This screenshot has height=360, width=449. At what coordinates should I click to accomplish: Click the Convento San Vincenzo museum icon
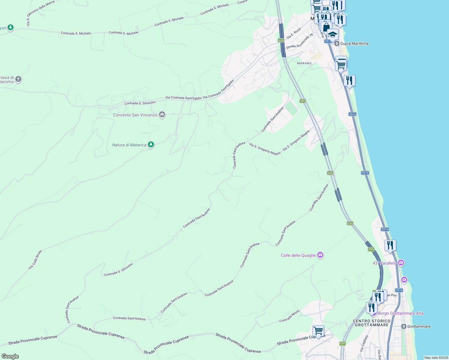click(162, 115)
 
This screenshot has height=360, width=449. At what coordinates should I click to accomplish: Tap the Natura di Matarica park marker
click(151, 145)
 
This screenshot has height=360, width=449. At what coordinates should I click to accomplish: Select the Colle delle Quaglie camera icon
click(320, 255)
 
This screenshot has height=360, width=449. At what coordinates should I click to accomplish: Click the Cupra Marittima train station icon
click(337, 43)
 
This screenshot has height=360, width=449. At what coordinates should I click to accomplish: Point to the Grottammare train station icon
click(404, 326)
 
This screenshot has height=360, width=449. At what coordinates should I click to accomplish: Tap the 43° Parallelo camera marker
click(401, 263)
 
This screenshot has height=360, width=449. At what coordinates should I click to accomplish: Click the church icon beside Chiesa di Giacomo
click(18, 79)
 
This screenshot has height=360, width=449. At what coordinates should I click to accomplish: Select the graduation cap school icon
click(333, 35)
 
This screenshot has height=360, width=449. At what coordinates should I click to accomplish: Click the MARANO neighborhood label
click(304, 63)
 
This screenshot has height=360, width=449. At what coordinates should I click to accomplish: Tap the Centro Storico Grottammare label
click(372, 323)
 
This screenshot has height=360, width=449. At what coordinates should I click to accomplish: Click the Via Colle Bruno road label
click(35, 259)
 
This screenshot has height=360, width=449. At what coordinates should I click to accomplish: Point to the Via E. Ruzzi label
click(294, 33)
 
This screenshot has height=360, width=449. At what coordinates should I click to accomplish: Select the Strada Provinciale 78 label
click(300, 41)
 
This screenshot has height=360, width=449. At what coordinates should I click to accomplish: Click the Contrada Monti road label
click(289, 316)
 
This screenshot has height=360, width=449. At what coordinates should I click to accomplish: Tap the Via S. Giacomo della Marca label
click(41, 13)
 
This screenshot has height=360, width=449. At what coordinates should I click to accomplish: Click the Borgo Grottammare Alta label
click(400, 313)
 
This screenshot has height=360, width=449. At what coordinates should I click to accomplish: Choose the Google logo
click(10, 356)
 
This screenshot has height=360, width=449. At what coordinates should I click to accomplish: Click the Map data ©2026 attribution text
click(436, 358)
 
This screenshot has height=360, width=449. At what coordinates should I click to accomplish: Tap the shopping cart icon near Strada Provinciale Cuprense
click(318, 331)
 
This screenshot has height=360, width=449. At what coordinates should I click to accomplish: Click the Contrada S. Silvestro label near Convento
click(140, 103)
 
